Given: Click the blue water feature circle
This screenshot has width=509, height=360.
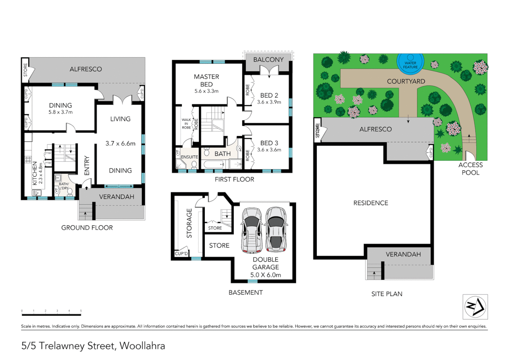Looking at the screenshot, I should tap(410, 63).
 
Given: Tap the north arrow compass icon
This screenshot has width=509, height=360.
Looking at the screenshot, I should tap(475, 307).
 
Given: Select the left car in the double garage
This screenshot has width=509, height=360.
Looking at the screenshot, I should tap(252, 230).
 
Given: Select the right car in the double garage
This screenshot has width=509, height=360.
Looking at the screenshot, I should tap(276, 229).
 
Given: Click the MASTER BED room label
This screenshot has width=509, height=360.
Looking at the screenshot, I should tap(207, 80).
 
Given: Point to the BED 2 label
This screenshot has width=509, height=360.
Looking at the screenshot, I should tap(269, 95).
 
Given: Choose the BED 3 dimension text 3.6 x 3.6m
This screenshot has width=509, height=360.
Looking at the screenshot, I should tap(269, 150).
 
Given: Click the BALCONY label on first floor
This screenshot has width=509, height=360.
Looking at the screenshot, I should tap(268, 60).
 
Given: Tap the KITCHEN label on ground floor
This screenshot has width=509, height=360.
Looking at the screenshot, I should tap(35, 173).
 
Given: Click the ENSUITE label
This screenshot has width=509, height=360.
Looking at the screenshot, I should tap(189, 157).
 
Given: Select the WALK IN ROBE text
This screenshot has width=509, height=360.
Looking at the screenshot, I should tap(186, 124).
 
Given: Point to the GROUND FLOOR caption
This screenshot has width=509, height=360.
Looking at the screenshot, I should tap(87, 228).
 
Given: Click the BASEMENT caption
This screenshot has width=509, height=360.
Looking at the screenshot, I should tap(246, 292).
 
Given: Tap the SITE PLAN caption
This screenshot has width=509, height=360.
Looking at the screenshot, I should tap(387, 294).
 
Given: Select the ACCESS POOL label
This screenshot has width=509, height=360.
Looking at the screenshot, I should tap(470, 169).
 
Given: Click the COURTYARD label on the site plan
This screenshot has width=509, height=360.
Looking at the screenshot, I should tap(406, 81).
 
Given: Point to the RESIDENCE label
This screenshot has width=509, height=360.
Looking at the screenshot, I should tap(371, 203).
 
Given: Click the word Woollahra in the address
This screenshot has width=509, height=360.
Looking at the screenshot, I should tap(142, 346).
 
